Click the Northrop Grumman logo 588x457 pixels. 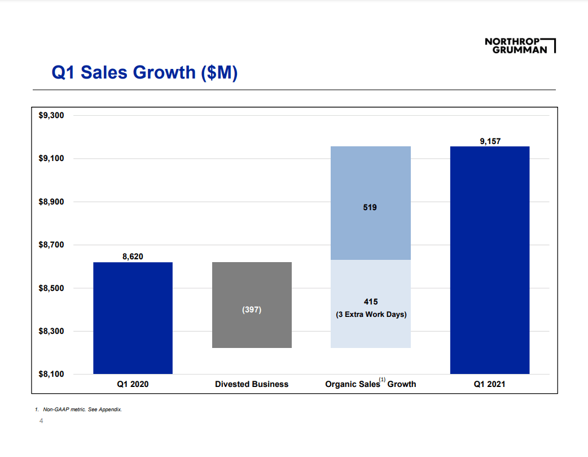[x=519, y=45]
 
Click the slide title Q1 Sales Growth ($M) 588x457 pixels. [x=144, y=72]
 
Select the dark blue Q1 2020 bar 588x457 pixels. [x=133, y=318]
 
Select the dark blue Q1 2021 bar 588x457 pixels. [x=489, y=260]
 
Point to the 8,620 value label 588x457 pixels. [x=133, y=256]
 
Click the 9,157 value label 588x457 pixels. [x=490, y=141]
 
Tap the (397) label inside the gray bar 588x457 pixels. [x=252, y=310]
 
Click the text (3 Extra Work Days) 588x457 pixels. [x=371, y=314]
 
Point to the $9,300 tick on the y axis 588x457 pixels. [x=51, y=115]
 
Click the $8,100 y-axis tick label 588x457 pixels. [x=51, y=374]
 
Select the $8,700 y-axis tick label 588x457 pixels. [x=51, y=245]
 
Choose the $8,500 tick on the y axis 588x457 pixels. [x=51, y=288]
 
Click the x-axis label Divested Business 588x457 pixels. [x=252, y=384]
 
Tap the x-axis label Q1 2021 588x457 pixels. [x=489, y=384]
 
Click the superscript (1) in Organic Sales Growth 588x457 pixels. [x=382, y=380]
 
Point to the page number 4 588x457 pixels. [x=41, y=421]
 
